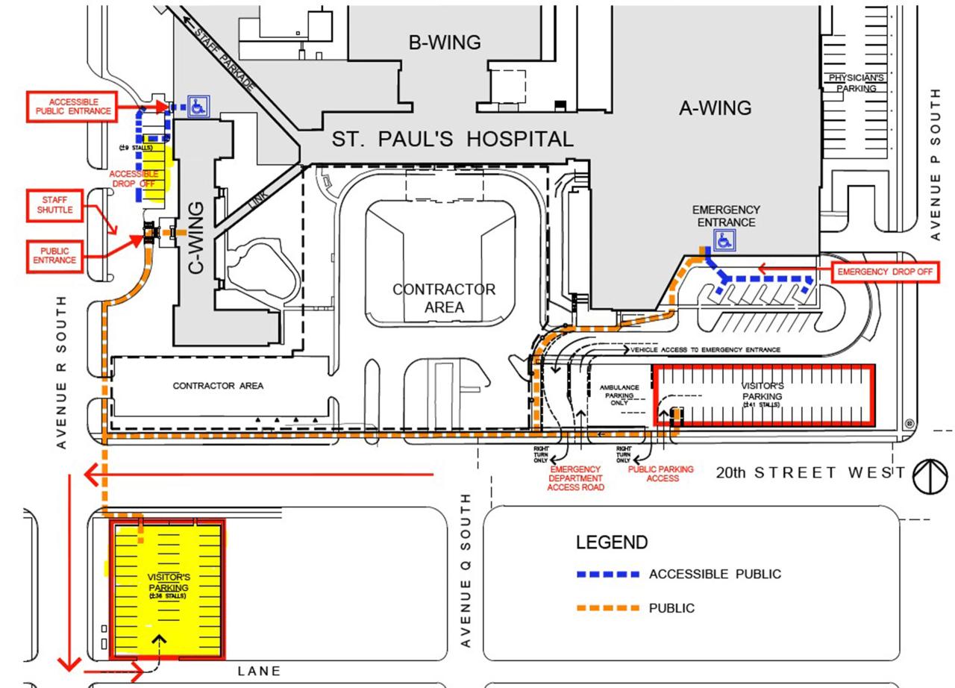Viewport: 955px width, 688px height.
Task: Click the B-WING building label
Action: point(445,43)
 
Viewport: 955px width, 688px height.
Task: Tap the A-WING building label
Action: point(715,108)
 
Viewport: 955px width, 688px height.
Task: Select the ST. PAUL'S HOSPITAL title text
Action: point(453,139)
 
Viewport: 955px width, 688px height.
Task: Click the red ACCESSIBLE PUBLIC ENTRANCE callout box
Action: point(72,107)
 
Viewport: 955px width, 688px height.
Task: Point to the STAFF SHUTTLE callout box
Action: point(55,204)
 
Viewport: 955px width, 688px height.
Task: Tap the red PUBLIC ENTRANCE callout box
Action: point(54,255)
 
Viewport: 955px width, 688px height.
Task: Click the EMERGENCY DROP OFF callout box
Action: point(884,272)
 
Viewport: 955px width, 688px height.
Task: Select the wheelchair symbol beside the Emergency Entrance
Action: point(724,240)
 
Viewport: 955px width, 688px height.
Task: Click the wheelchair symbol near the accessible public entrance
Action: point(198,107)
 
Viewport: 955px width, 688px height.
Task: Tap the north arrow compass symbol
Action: point(930,475)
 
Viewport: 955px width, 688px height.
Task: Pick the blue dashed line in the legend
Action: point(608,575)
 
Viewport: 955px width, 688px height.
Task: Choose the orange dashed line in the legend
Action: point(608,608)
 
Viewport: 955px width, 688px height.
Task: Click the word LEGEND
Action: point(612,542)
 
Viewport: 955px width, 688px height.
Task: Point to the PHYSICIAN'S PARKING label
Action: point(857,83)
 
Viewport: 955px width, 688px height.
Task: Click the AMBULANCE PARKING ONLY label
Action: point(619,395)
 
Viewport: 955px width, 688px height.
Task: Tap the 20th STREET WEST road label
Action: point(810,472)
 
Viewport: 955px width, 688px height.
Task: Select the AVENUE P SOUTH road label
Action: point(936,164)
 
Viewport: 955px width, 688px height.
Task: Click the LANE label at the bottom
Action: point(259,671)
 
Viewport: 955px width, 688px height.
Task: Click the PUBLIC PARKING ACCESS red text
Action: point(661,474)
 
